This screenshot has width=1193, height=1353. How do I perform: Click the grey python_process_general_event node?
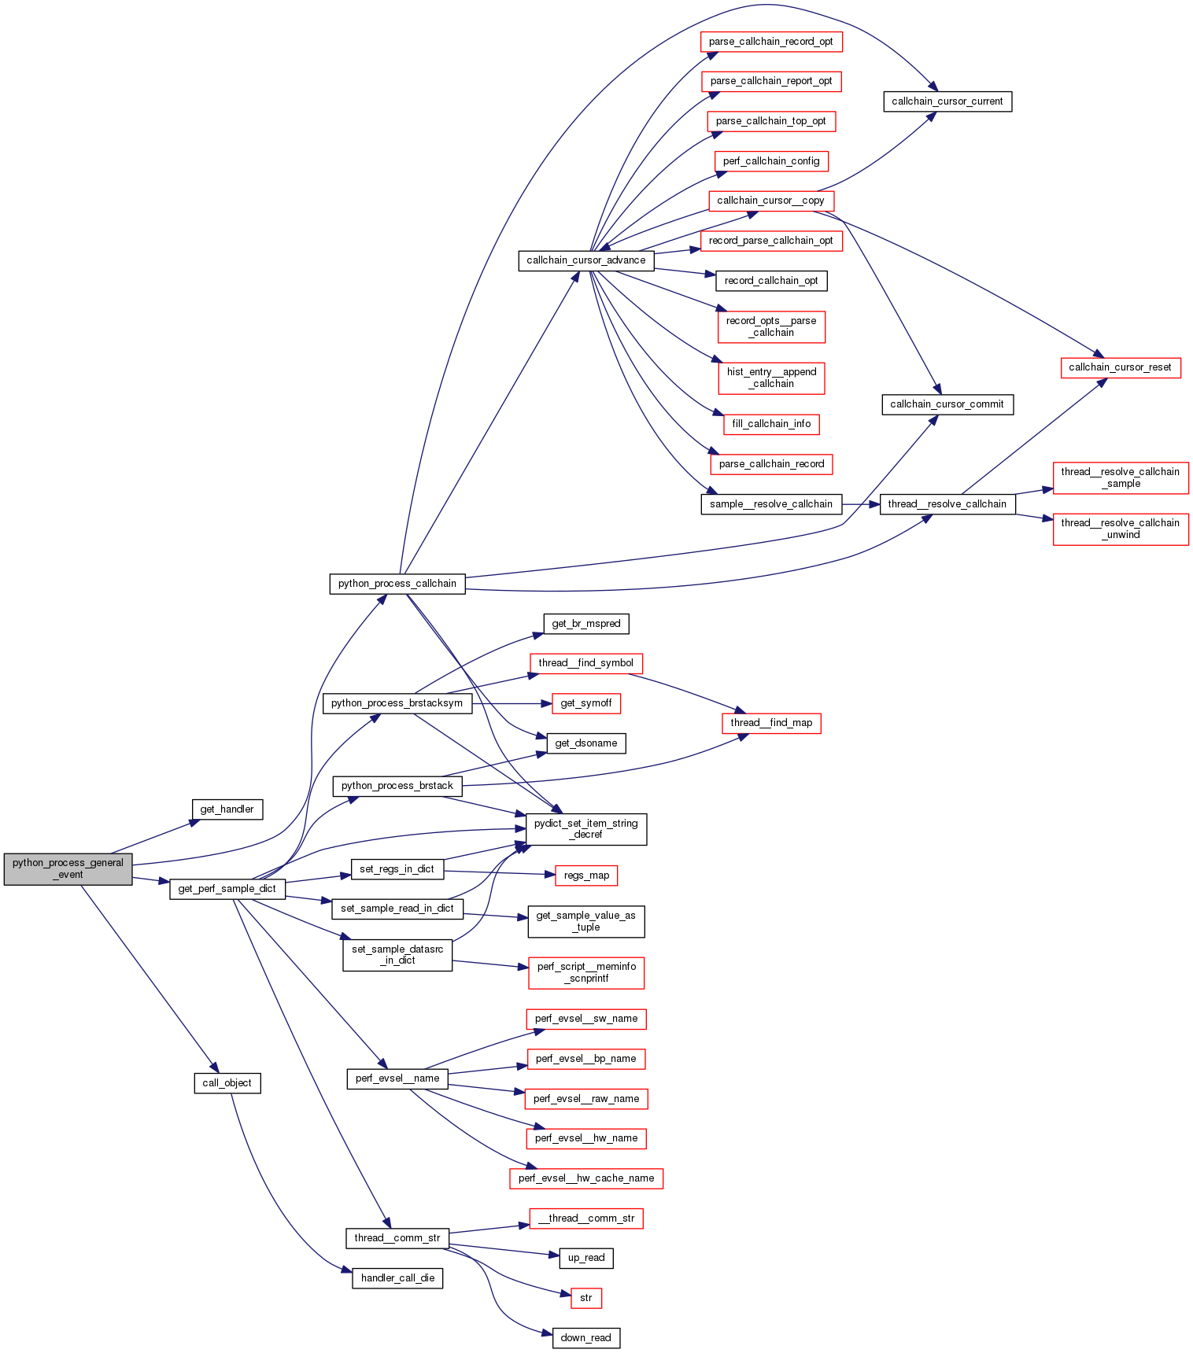tap(68, 868)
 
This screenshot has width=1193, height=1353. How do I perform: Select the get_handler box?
tap(227, 809)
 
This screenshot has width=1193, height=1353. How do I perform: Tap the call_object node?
tap(227, 1082)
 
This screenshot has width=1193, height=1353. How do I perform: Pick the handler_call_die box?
tap(397, 1277)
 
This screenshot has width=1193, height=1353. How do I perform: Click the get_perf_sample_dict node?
tap(227, 888)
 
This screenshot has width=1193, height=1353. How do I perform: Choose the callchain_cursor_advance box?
tap(585, 260)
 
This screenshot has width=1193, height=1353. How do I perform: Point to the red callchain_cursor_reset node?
tap(1120, 367)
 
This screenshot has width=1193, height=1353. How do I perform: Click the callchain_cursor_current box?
tap(947, 101)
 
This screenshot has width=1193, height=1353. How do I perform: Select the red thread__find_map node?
tap(770, 723)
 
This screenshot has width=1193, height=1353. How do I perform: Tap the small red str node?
tap(585, 1298)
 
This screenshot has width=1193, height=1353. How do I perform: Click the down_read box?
tap(585, 1337)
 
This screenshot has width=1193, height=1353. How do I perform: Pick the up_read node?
tap(585, 1258)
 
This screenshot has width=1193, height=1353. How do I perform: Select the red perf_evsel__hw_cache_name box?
tap(585, 1178)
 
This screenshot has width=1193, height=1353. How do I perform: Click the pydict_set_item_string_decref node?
tap(585, 829)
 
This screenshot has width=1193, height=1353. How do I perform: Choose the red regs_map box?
tap(585, 876)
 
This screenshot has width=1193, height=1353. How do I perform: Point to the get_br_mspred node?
tap(585, 624)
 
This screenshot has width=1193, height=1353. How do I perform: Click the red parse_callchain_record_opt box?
tap(770, 42)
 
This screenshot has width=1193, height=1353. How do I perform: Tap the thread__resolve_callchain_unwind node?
tap(1120, 529)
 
